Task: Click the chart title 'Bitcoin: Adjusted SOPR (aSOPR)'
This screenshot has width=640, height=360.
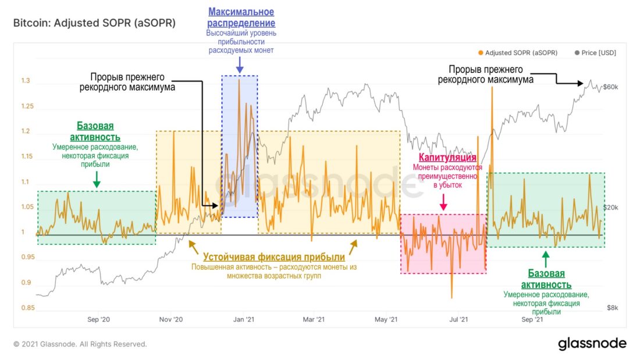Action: coord(94,24)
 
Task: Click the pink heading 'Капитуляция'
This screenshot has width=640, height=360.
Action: coord(448,158)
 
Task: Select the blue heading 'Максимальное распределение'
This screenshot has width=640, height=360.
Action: coord(241,17)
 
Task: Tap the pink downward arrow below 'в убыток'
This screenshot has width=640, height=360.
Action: coord(443,202)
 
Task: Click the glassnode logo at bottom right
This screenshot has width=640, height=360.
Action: coord(592,343)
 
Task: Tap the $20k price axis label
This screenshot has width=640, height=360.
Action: coord(611,208)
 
